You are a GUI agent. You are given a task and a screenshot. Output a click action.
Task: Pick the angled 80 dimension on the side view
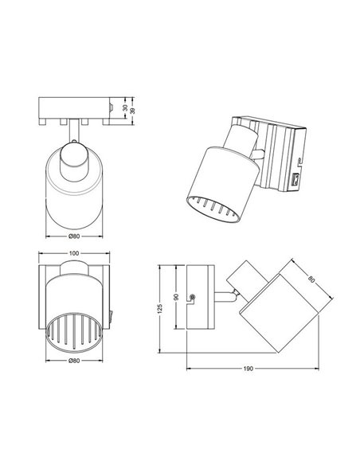[x=311, y=280]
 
